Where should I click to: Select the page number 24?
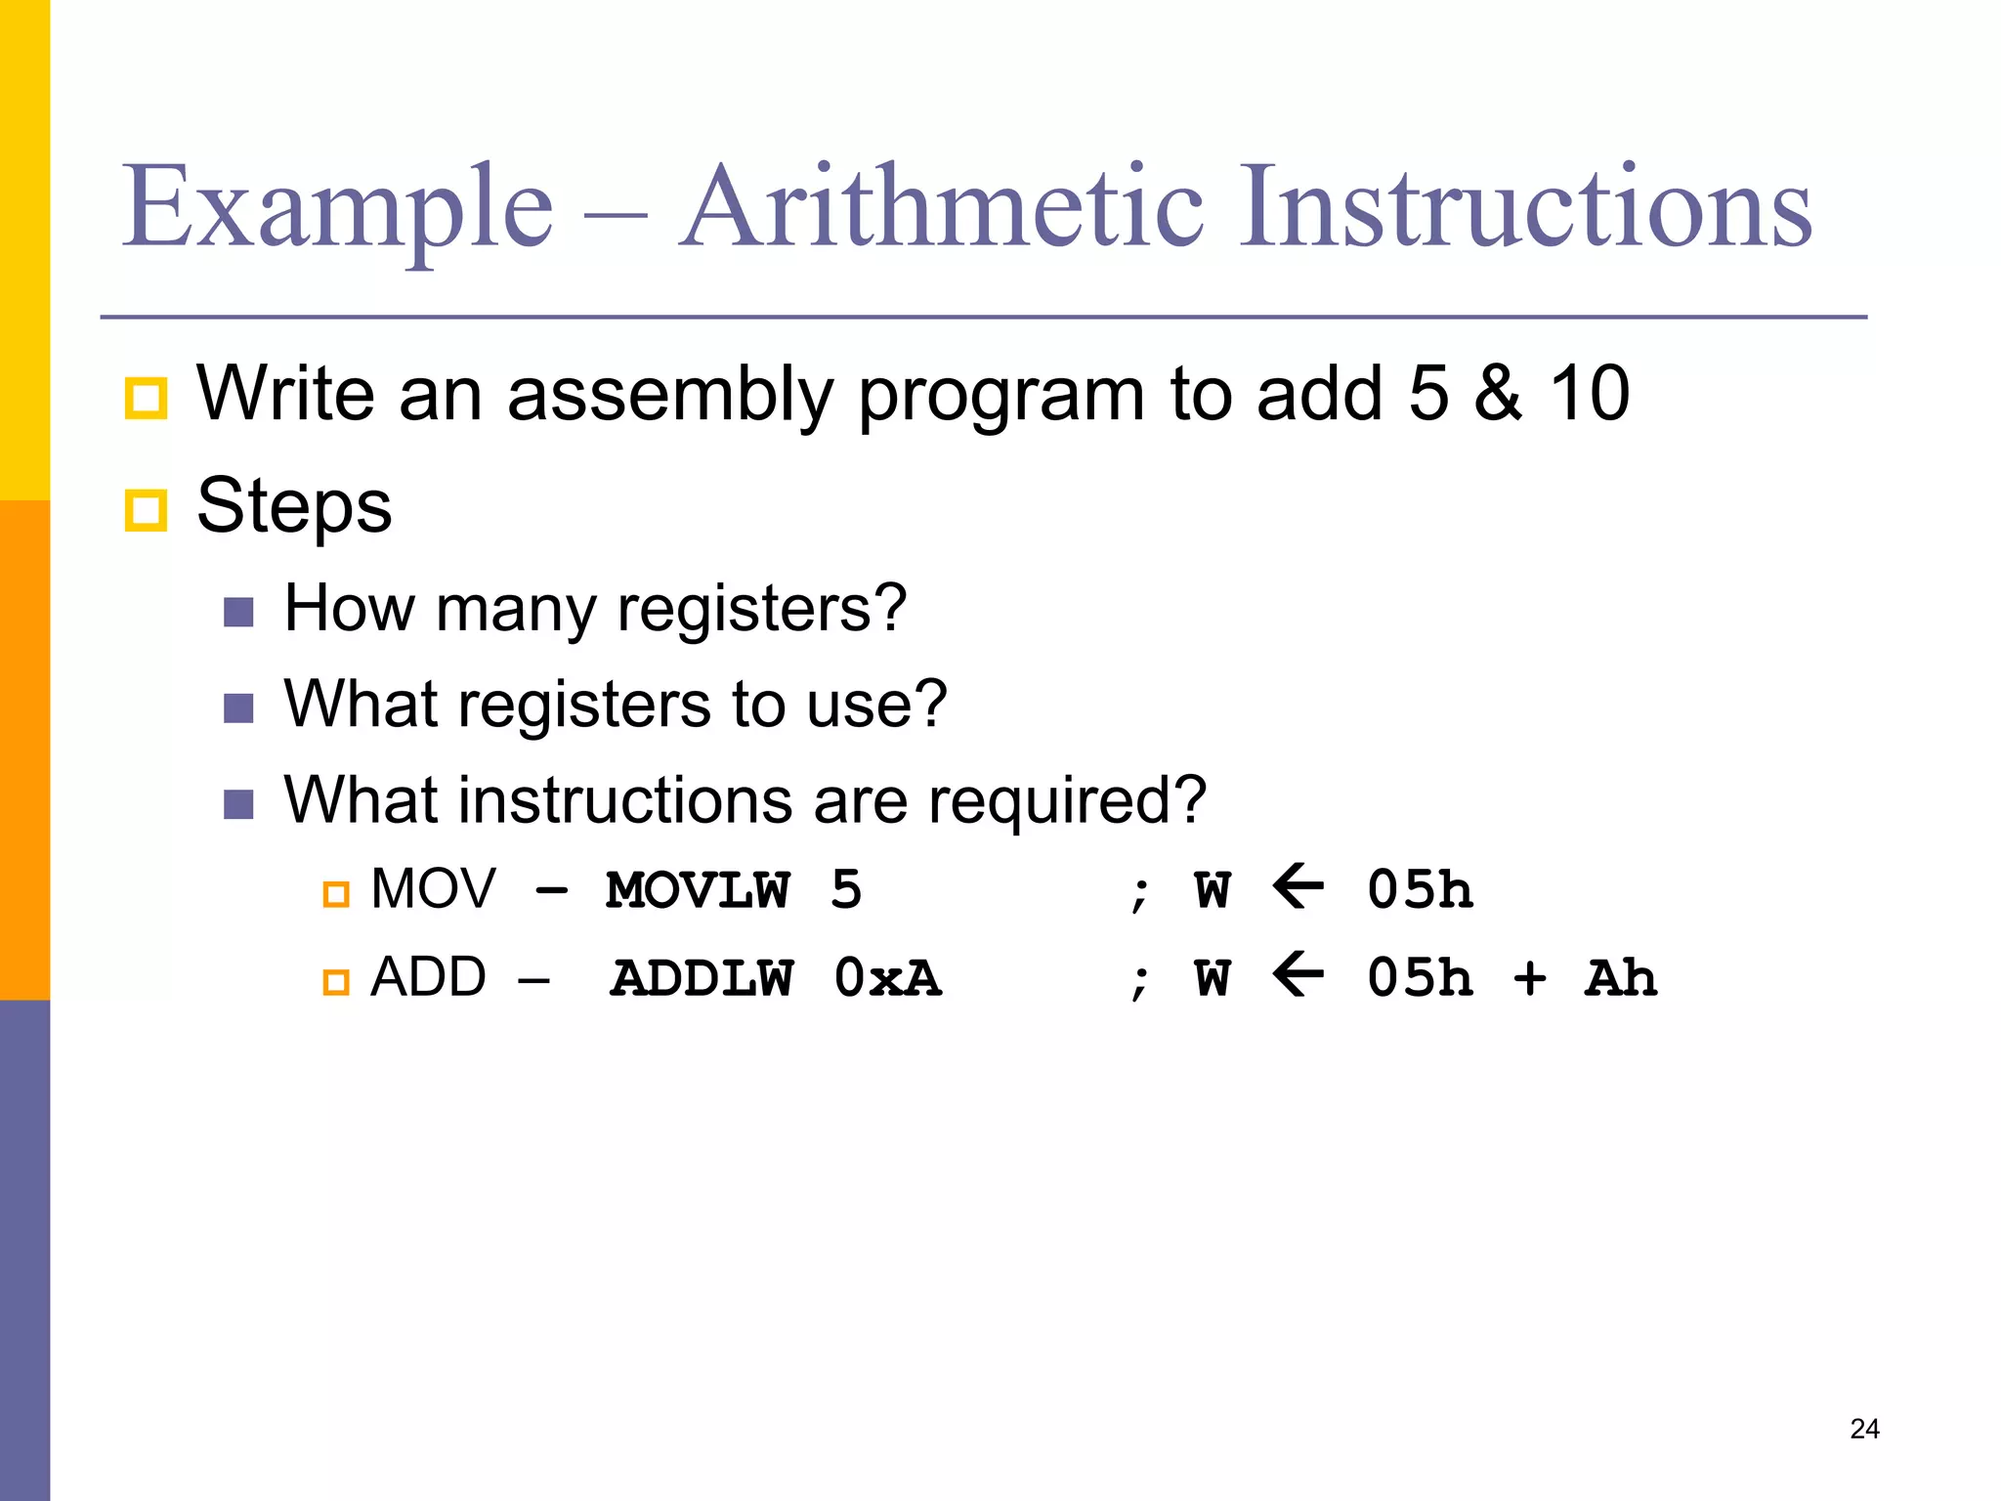pyautogui.click(x=1864, y=1429)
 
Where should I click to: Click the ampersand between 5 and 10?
pyautogui.click(x=1498, y=394)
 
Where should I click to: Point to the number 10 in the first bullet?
pyautogui.click(x=1590, y=394)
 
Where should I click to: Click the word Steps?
pyautogui.click(x=294, y=506)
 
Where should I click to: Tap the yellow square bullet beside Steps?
pyautogui.click(x=147, y=510)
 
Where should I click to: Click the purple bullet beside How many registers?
pyautogui.click(x=238, y=613)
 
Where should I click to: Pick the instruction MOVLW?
pyautogui.click(x=697, y=890)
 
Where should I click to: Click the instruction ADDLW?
pyautogui.click(x=701, y=978)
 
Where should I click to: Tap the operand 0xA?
pyautogui.click(x=887, y=978)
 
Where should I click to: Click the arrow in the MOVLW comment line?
pyautogui.click(x=1299, y=888)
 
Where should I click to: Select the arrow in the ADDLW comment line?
pyautogui.click(x=1299, y=975)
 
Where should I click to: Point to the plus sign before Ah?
pyautogui.click(x=1529, y=978)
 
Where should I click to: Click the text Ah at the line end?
pyautogui.click(x=1621, y=978)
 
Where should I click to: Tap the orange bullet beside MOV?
pyautogui.click(x=336, y=893)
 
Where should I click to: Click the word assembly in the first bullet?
pyautogui.click(x=669, y=395)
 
